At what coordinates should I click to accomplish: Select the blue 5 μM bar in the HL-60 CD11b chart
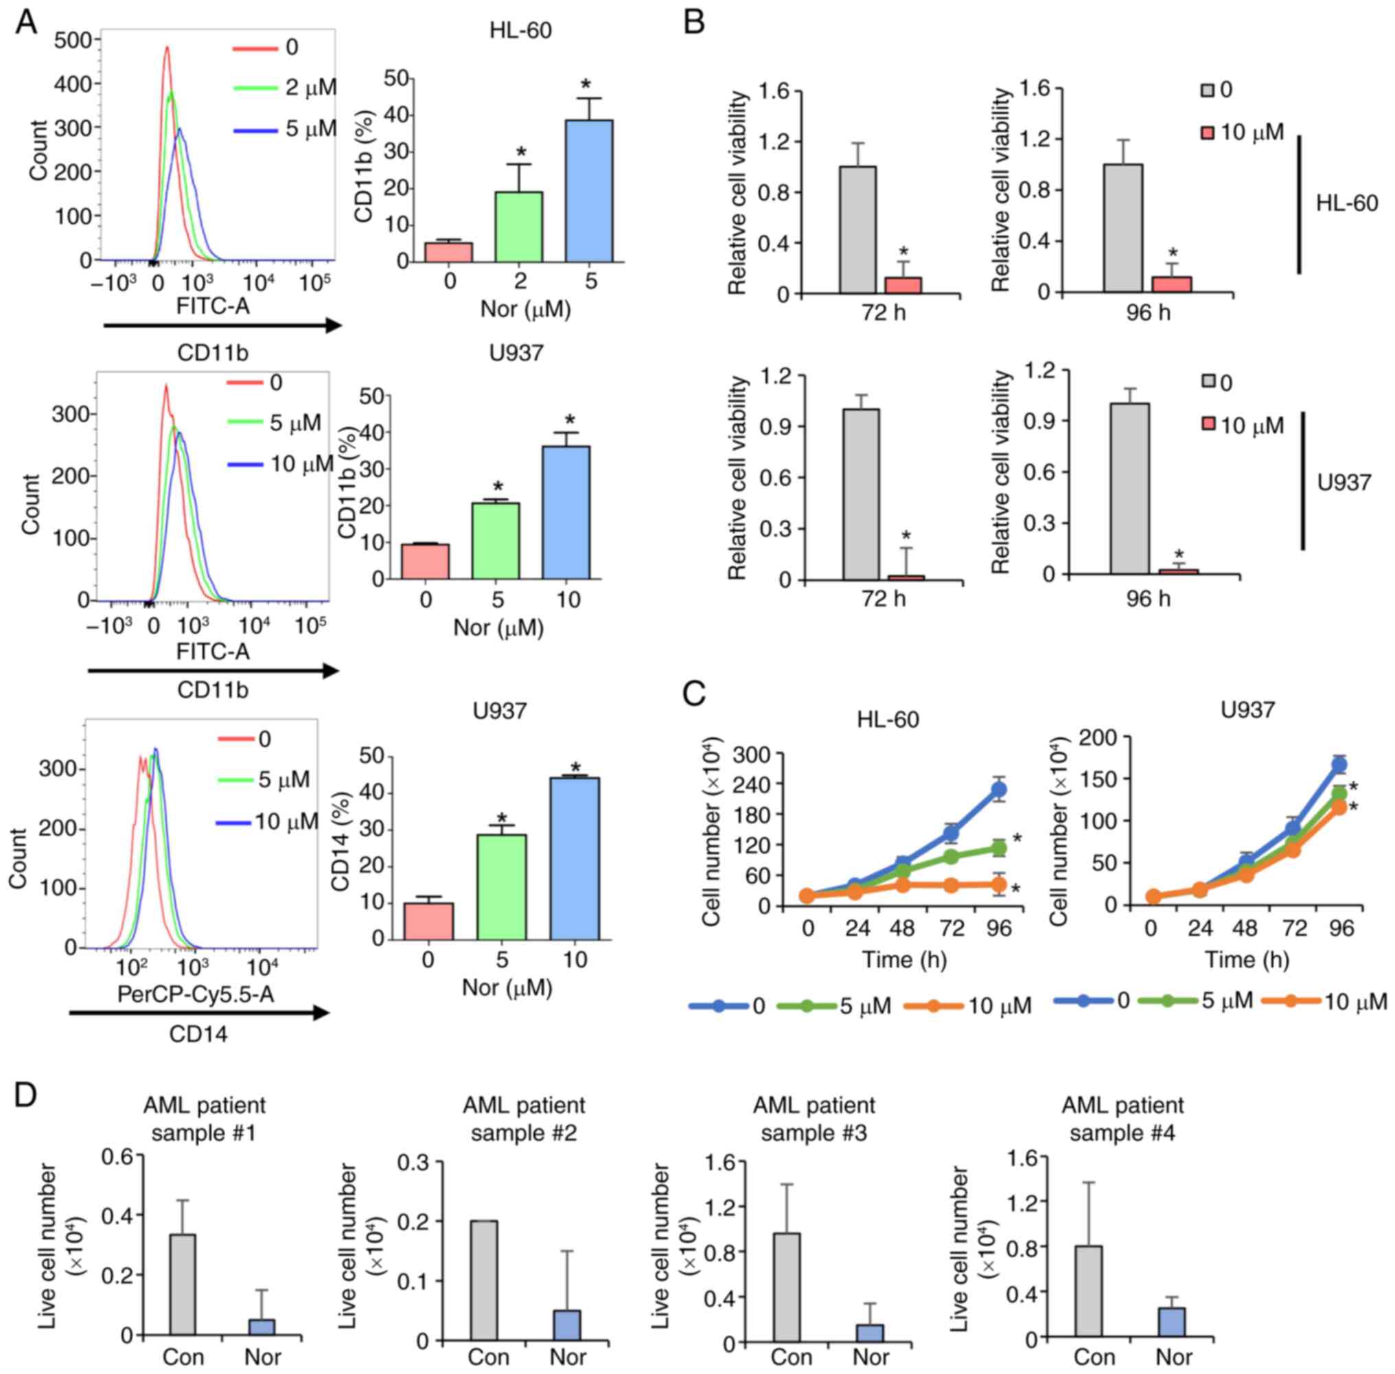588,192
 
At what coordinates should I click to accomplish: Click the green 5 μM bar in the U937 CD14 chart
501,887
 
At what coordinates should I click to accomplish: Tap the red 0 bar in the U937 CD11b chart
426,562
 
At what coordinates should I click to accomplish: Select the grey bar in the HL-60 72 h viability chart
858,230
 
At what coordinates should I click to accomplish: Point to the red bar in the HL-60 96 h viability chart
1172,284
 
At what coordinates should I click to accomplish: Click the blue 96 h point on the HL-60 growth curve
999,790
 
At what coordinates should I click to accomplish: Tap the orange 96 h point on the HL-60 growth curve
999,884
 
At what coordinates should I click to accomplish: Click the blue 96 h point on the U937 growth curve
1339,766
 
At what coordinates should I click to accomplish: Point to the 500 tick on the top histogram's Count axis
73,40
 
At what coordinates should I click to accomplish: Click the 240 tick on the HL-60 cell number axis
759,783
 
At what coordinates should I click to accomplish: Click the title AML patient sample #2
524,1118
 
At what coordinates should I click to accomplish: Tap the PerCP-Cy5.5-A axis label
196,995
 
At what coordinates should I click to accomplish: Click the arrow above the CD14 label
199,1014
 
